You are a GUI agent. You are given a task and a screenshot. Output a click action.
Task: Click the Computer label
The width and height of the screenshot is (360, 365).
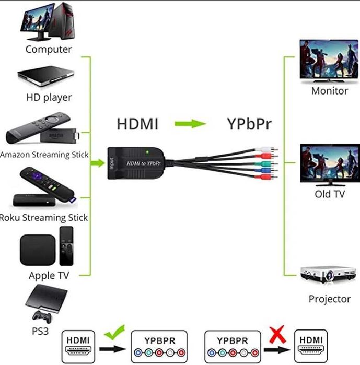click(x=48, y=50)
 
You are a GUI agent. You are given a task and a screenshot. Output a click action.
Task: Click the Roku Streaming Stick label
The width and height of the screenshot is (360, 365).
click(x=44, y=217)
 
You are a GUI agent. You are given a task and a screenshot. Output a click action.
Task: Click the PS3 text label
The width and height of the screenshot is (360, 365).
click(x=40, y=331)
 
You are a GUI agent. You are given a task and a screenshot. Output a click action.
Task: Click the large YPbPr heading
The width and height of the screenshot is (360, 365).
click(x=250, y=124)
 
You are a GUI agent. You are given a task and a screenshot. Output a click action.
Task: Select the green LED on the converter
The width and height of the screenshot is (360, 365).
click(x=149, y=153)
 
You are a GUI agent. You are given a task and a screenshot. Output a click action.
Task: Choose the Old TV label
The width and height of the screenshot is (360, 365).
click(x=329, y=194)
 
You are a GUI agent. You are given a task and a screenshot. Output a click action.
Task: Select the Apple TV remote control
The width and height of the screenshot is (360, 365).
click(x=67, y=245)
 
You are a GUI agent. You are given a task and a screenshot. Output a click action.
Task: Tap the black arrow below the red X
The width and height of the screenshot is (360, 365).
click(x=277, y=348)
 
